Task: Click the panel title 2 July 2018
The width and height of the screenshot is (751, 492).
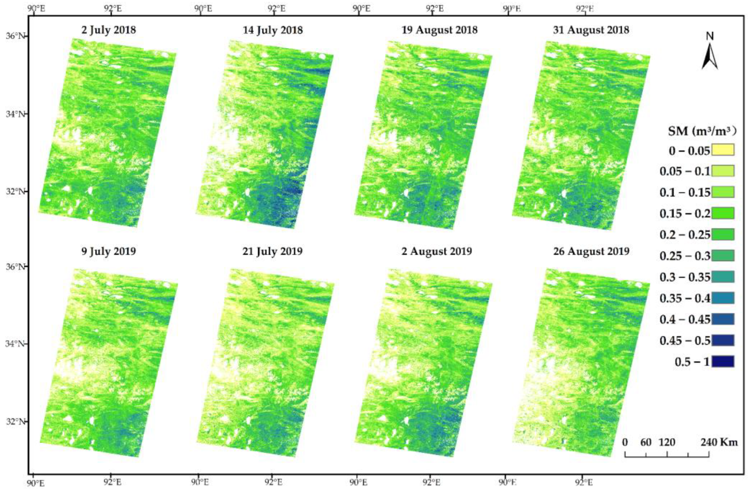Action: (109, 30)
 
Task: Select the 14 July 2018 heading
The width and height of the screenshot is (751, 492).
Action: (273, 30)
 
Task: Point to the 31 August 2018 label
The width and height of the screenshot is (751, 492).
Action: (591, 30)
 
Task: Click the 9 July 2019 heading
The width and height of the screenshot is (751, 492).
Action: (109, 251)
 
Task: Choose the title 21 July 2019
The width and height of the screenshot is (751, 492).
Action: (273, 251)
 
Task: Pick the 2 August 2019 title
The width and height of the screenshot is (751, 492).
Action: (437, 251)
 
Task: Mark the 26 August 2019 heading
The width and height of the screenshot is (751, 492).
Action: (591, 251)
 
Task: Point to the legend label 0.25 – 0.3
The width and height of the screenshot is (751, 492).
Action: (685, 256)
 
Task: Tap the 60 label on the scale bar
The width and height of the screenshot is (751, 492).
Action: (646, 442)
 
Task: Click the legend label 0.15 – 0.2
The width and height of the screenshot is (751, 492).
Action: (685, 214)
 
